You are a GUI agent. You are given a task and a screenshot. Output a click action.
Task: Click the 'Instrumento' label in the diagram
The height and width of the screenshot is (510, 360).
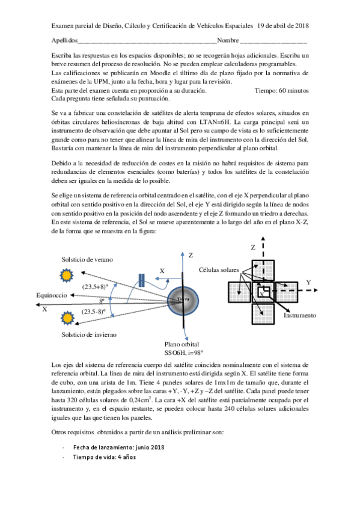(301, 315)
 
